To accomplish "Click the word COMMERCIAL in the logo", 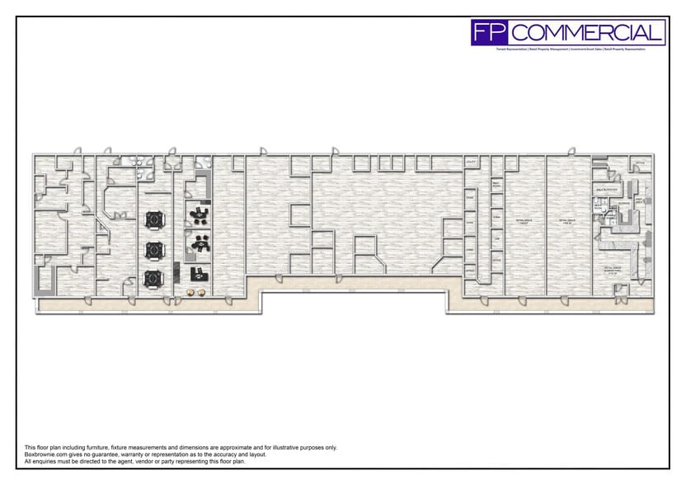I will tap(586, 33).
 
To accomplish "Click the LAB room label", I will tap(496, 238).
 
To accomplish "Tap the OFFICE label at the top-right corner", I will tap(640, 162).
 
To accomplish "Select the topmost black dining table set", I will tap(154, 219).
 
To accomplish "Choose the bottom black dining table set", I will tap(154, 278).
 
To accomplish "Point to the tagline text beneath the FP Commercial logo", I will tap(569, 49).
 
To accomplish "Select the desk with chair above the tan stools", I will tap(198, 273).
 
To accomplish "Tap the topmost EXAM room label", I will tap(471, 198).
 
